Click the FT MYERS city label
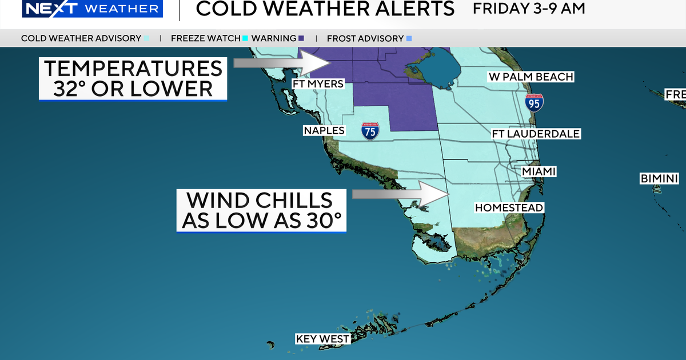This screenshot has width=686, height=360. tap(318, 85)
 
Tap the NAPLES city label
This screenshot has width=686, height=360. tap(324, 131)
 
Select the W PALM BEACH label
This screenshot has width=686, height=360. tap(531, 77)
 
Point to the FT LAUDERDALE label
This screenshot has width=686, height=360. tap(536, 134)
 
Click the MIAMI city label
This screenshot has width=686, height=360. tap(539, 171)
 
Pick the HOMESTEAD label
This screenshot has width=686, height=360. tap(509, 208)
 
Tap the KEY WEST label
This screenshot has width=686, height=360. tap(322, 339)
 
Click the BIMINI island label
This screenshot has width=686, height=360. tap(659, 179)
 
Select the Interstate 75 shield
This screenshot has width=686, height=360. tap(370, 131)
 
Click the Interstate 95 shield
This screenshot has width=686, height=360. tap(535, 102)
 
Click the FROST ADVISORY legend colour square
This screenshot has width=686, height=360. tap(409, 39)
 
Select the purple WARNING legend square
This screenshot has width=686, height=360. tap(301, 39)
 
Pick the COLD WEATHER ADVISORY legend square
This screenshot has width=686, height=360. tap(147, 39)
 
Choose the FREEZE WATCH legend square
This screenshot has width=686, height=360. tap(245, 39)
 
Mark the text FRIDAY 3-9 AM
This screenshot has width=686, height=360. tap(529, 9)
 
